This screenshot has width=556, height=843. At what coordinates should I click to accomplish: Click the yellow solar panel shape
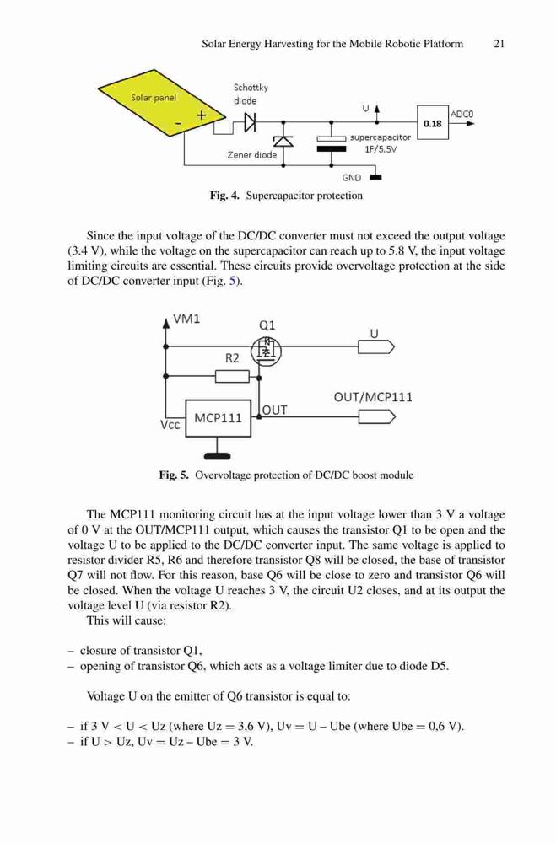click(160, 102)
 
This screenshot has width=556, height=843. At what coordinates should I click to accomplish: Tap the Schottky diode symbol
click(250, 122)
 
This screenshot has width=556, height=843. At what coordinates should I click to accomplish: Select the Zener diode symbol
click(283, 141)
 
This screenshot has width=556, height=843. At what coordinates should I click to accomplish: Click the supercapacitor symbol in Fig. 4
click(331, 143)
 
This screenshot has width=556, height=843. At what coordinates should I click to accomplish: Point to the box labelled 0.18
click(433, 123)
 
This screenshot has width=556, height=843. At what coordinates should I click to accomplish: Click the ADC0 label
click(462, 114)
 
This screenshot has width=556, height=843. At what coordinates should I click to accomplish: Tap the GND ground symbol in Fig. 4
click(375, 176)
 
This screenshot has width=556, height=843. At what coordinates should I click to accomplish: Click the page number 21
click(499, 44)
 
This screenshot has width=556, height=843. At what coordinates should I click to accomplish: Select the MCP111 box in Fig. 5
click(218, 418)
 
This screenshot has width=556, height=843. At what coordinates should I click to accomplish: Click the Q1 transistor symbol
click(267, 351)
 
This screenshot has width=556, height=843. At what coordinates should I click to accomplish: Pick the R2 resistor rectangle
click(232, 376)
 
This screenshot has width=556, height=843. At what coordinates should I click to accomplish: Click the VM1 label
click(186, 319)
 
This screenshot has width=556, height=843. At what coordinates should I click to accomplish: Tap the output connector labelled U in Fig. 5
click(376, 347)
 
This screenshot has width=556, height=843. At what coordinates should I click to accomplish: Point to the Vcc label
click(170, 425)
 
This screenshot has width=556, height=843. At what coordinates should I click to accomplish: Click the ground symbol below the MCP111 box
click(218, 456)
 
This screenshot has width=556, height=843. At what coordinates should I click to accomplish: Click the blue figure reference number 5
click(233, 282)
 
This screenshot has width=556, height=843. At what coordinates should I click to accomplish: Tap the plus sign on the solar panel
click(202, 115)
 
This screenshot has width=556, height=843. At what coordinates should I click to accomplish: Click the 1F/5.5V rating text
click(381, 149)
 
